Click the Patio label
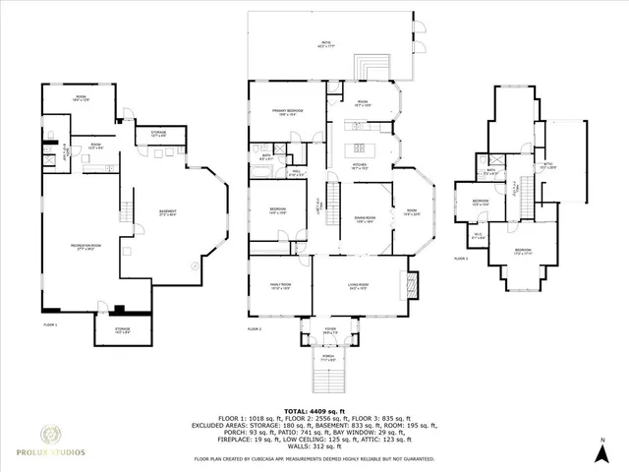click(325, 44)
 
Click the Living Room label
click(358, 287)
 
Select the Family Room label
click(280, 287)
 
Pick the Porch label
click(329, 360)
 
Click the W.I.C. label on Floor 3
click(478, 236)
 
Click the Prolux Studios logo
click(61, 442)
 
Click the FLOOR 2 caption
click(254, 327)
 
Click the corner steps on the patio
click(372, 66)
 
